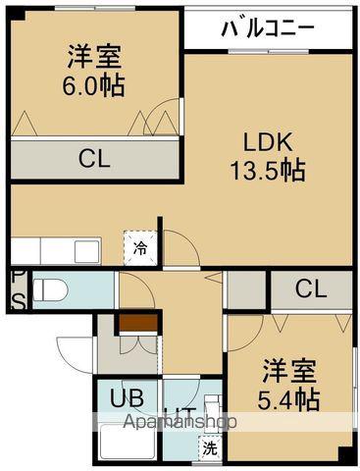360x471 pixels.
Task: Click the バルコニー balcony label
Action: [268, 27]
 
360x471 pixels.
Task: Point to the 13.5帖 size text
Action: [268, 169]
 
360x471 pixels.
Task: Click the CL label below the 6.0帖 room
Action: [94, 160]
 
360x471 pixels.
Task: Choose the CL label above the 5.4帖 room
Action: [310, 288]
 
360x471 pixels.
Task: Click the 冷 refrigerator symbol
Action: [141, 247]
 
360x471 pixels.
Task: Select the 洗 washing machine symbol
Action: [209, 448]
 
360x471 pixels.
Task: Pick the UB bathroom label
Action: [126, 399]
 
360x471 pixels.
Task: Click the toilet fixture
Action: [55, 288]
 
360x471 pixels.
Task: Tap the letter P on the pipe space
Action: [17, 278]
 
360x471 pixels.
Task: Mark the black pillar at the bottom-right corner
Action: [344, 455]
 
